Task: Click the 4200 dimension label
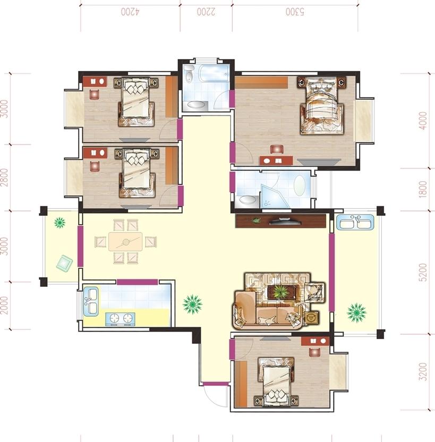coord(130,12)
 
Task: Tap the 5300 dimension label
coord(295,12)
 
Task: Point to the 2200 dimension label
coord(206,12)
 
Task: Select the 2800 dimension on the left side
coord(5,177)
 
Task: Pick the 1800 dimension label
coord(423,189)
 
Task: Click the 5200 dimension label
coord(423,273)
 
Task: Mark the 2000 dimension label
coord(5,305)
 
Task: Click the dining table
coord(125,242)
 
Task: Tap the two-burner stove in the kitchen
coord(120,318)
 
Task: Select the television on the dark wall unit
coord(285,220)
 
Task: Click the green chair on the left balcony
coord(64,263)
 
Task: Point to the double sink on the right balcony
coord(357,222)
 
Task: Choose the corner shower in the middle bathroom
coord(275,197)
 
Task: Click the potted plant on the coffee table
coord(280,292)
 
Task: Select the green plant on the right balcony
coord(357,312)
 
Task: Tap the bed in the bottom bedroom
coord(276,382)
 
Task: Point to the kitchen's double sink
coord(91,302)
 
